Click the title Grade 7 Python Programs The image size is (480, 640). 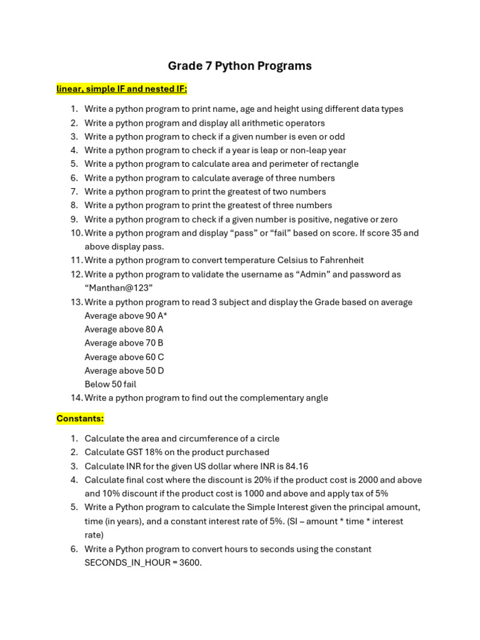[239, 66]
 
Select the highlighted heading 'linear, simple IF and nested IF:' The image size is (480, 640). [122, 89]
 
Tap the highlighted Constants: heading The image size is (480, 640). [80, 418]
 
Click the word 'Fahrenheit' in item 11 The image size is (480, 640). [341, 260]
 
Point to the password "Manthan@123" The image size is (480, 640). [119, 287]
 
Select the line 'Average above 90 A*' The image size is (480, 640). [126, 316]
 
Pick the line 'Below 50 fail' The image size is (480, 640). [110, 384]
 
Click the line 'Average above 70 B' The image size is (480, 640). [124, 342]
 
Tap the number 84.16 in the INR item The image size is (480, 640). [297, 466]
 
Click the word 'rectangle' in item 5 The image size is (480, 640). [338, 164]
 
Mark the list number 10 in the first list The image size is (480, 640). [76, 232]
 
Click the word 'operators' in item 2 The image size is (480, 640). [304, 122]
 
